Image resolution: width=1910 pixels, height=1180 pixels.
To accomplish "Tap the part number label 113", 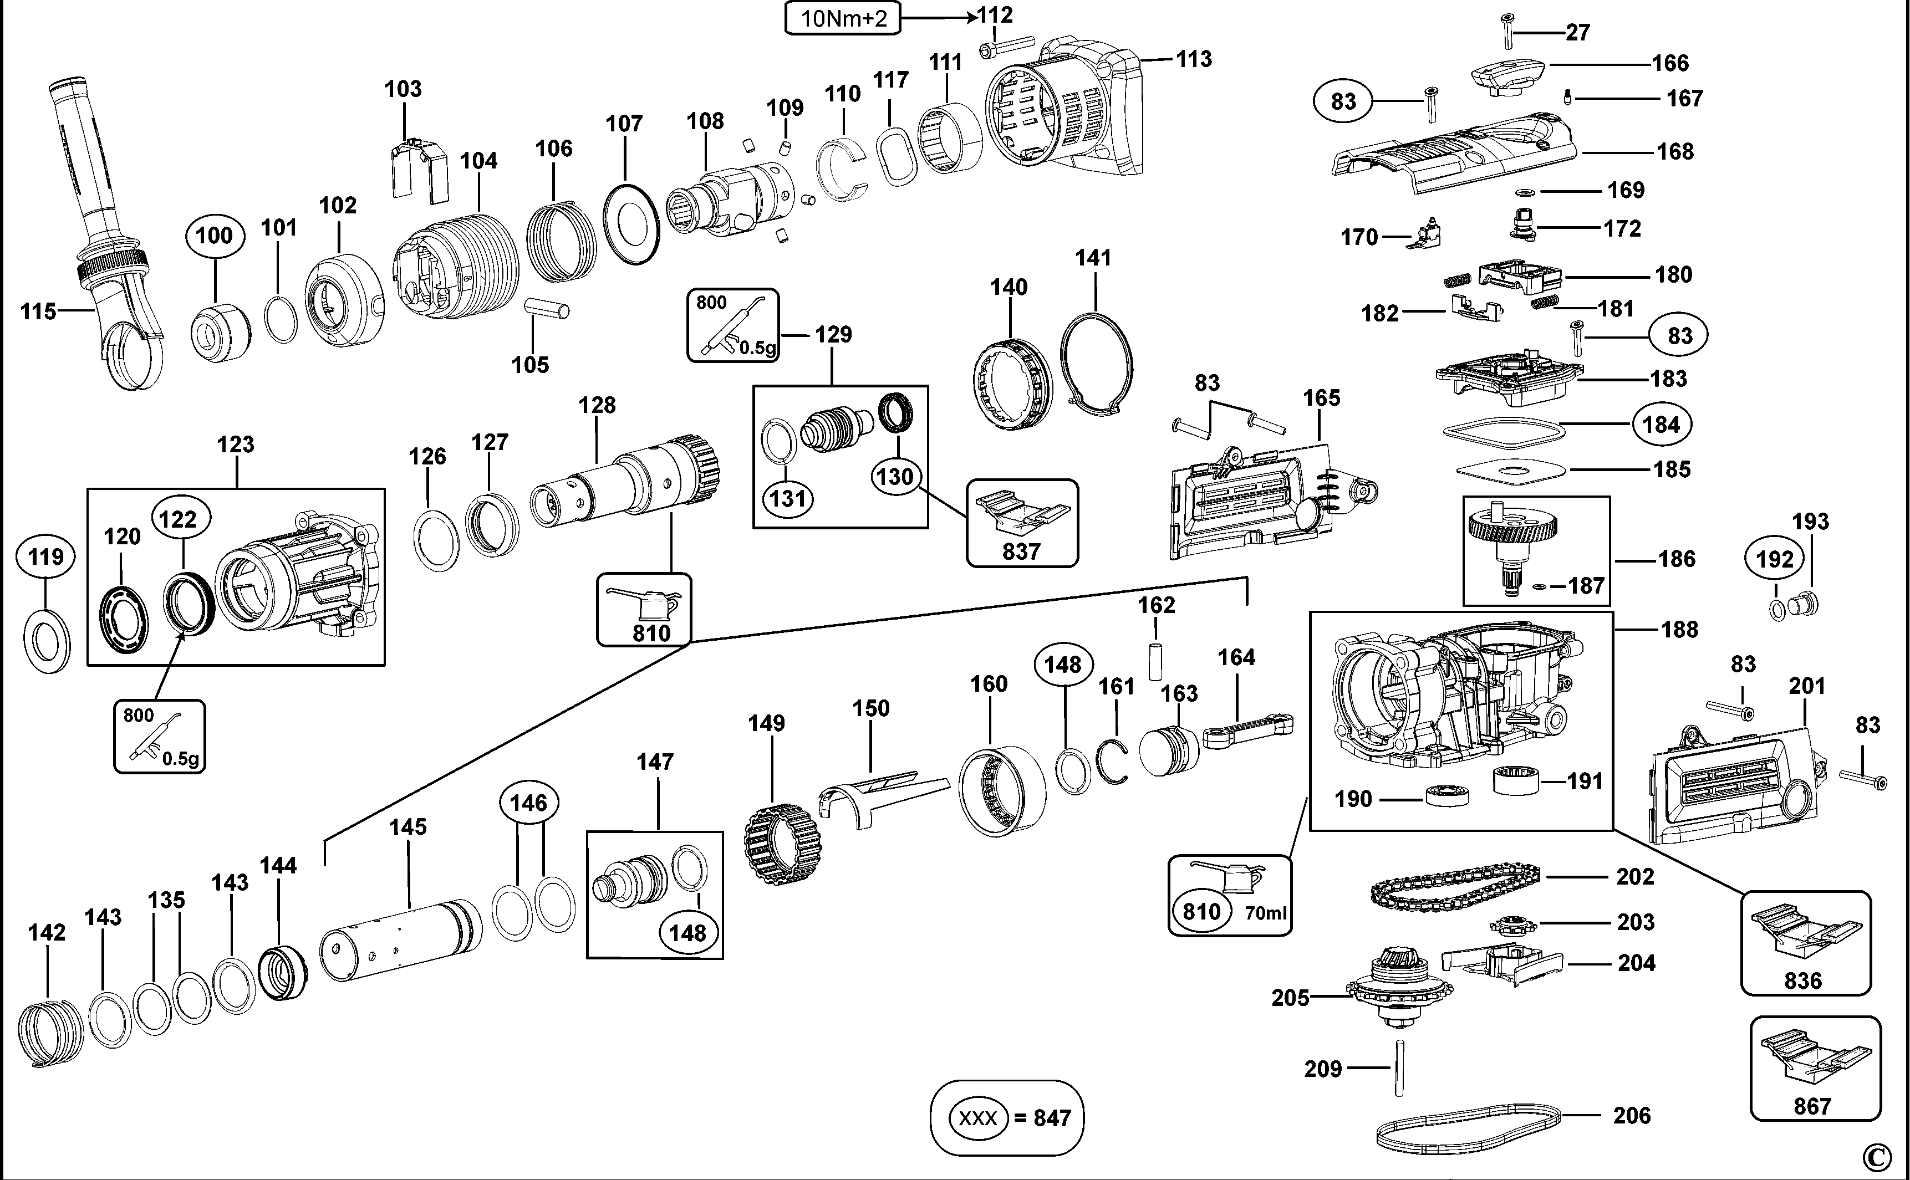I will pyautogui.click(x=1194, y=59).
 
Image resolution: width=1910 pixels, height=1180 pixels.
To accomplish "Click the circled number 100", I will pyautogui.click(x=214, y=235).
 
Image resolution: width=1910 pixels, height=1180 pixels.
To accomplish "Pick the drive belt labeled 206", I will pyautogui.click(x=1468, y=1128).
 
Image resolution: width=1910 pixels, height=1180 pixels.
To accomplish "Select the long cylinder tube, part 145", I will pyautogui.click(x=400, y=939).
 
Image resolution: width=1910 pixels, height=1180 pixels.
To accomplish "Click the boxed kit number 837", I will pyautogui.click(x=1022, y=551).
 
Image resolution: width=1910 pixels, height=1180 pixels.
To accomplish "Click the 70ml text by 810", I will pyautogui.click(x=1265, y=912).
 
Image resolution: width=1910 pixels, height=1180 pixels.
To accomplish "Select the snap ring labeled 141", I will pyautogui.click(x=1096, y=361).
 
